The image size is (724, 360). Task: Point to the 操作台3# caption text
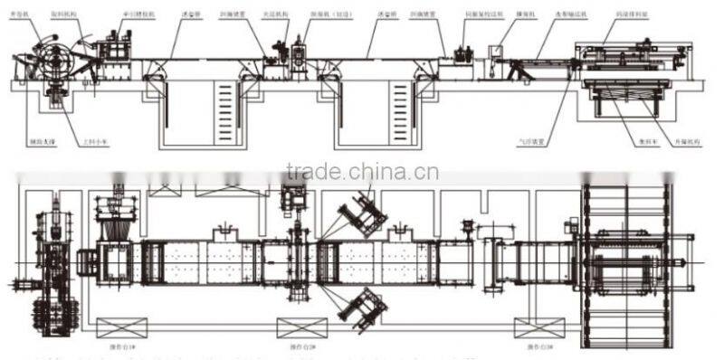(529, 346)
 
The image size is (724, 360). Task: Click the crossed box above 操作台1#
(121, 327)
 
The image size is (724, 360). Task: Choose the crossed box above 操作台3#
(530, 327)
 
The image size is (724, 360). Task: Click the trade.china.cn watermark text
(361, 171)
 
